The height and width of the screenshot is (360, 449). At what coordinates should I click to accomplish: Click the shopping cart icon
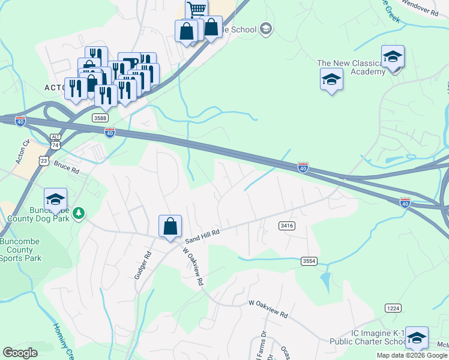[197, 10]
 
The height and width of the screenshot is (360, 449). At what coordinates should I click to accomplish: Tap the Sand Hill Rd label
[203, 231]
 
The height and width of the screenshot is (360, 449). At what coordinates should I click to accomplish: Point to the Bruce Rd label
[66, 167]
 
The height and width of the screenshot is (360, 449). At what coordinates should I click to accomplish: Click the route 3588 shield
[100, 118]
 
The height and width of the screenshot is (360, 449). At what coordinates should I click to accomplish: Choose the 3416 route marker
[286, 225]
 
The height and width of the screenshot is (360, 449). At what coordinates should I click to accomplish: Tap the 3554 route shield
[309, 261]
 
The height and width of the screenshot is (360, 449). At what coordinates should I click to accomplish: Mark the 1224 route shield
[393, 308]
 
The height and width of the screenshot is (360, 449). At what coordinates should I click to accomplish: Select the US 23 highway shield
[43, 160]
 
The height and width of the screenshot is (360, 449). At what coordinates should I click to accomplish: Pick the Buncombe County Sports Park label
[21, 250]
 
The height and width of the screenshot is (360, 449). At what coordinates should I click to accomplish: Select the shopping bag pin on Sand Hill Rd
[170, 227]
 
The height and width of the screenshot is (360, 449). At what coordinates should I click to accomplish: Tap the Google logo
[20, 353]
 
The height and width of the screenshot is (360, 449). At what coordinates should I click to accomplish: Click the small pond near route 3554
[325, 279]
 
